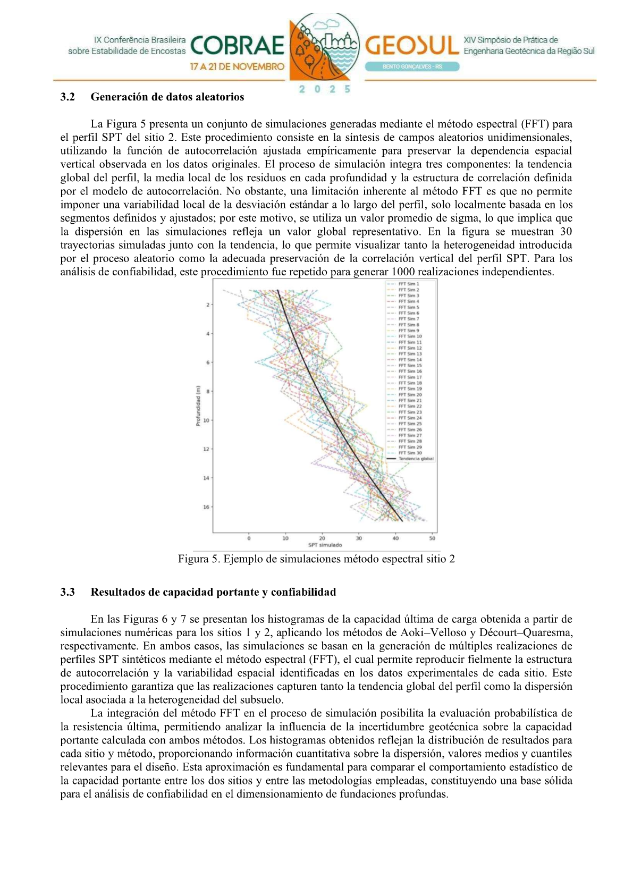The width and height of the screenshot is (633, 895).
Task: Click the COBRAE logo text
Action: tap(237, 46)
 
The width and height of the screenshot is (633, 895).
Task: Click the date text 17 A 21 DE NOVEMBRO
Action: tap(238, 67)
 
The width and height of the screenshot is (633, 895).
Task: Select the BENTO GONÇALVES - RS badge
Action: tap(412, 67)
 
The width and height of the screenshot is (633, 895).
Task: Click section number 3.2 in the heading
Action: tap(67, 97)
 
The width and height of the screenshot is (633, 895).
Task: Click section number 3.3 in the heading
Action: tap(67, 592)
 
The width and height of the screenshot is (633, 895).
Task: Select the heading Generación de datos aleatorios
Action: tap(167, 97)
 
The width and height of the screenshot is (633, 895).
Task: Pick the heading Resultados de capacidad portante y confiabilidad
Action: tap(213, 592)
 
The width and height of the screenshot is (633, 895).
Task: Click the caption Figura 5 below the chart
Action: tap(316, 559)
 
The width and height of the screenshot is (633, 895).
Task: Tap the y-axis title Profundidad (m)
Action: tap(198, 406)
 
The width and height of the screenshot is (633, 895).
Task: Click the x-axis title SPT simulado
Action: tap(325, 545)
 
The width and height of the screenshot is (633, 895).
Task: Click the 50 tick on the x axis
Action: tap(432, 538)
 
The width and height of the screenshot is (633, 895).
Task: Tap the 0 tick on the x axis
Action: tap(249, 538)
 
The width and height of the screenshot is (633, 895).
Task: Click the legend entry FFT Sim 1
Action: tap(409, 284)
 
